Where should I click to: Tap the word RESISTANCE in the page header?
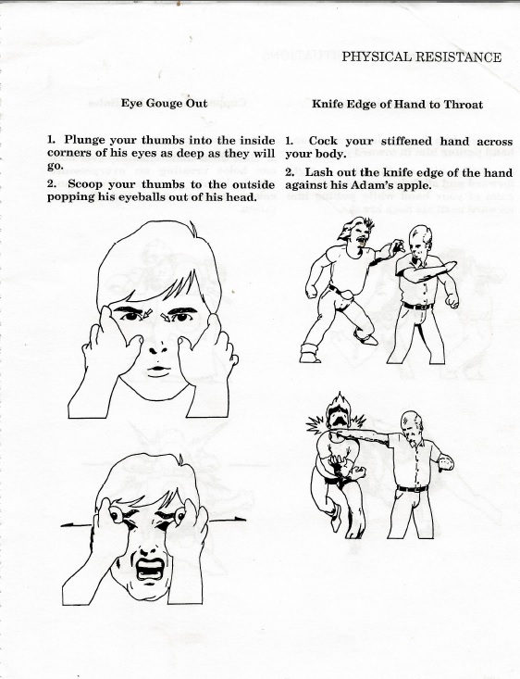pos(458,57)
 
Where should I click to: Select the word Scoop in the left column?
pos(86,184)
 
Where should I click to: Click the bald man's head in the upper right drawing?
pos(421,244)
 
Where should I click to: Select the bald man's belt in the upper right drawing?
pos(417,306)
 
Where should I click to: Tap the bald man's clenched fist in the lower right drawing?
pos(444,458)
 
